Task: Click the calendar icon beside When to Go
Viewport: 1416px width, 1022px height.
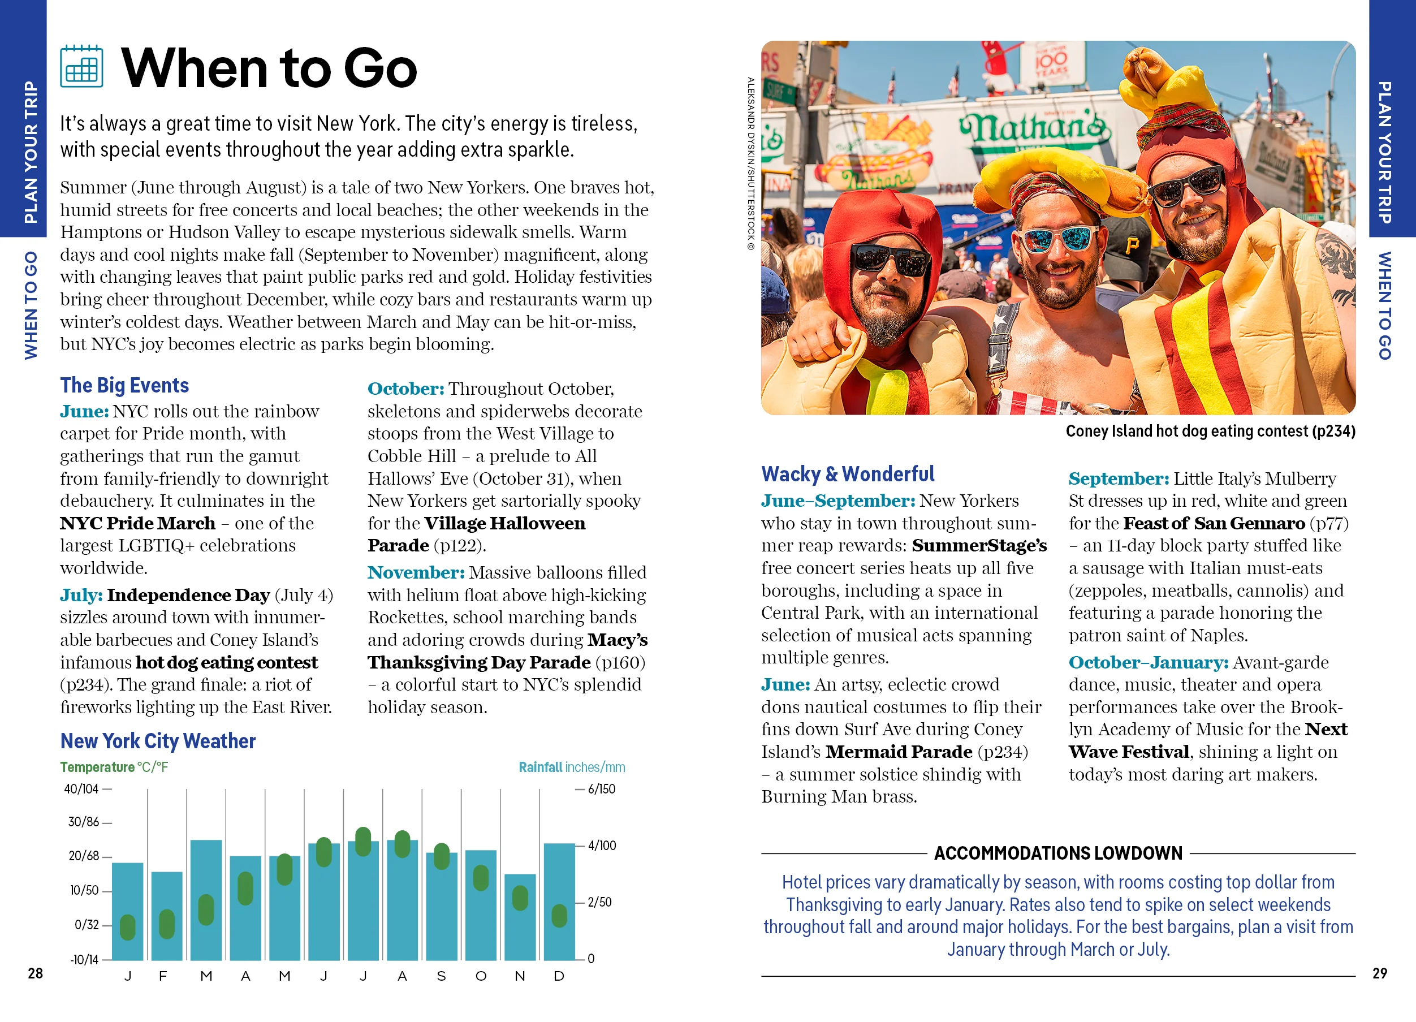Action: [x=82, y=66]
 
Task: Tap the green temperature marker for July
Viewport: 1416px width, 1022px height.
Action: [x=362, y=842]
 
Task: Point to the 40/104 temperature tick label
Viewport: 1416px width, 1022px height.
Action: [x=81, y=789]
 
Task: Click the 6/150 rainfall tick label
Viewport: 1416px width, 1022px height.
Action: [x=601, y=789]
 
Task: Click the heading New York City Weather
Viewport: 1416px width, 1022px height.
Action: [x=158, y=741]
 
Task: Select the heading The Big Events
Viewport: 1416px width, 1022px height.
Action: [x=124, y=385]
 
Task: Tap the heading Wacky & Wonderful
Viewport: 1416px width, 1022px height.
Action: [x=847, y=474]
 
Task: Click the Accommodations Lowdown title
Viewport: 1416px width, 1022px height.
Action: [x=1057, y=853]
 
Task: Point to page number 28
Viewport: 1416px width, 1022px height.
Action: [x=36, y=973]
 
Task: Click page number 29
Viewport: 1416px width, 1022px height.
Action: [x=1379, y=973]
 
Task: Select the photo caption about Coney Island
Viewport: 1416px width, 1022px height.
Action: [x=1210, y=432]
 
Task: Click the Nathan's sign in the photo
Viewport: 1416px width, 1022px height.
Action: [x=1034, y=128]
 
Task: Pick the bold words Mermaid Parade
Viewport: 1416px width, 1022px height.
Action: [x=899, y=752]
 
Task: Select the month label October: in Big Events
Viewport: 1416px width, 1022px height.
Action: [x=406, y=389]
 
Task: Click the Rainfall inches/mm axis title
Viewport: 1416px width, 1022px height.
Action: [x=571, y=767]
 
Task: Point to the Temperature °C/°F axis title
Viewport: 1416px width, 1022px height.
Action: [x=114, y=767]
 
